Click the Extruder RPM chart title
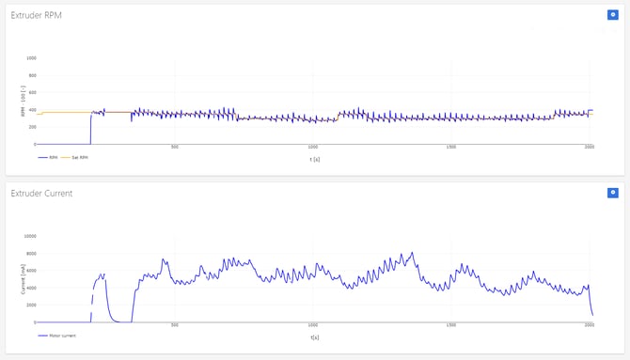click(36, 15)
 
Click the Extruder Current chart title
click(41, 193)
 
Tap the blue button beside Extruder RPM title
click(612, 15)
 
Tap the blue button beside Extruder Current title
click(612, 193)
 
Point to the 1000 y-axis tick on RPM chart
click(31, 58)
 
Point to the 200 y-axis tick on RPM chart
click(32, 127)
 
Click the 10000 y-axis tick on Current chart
click(29, 236)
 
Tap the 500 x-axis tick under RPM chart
click(175, 148)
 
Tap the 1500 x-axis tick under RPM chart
click(451, 148)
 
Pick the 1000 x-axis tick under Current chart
click(313, 325)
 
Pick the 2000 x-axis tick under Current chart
click(590, 325)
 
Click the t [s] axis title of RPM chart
click(314, 159)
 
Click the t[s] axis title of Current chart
click(314, 337)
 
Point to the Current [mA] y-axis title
click(23, 279)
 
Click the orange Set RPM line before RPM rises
click(66, 112)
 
